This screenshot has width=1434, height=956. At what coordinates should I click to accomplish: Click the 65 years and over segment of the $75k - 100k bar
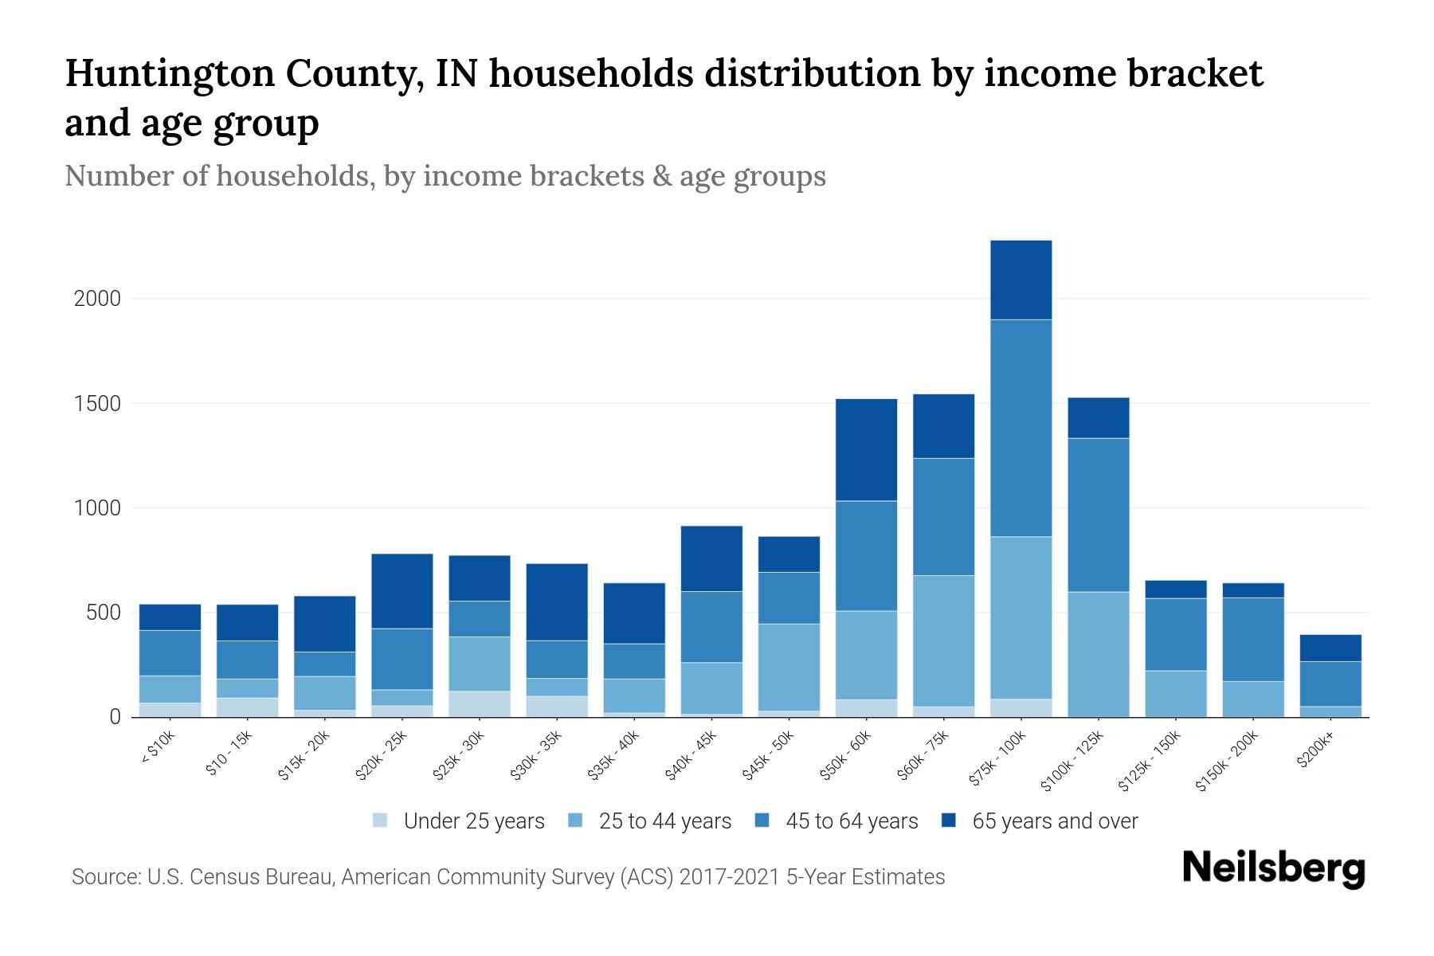click(1021, 280)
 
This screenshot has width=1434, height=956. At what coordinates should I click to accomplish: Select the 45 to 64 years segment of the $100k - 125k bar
click(1098, 515)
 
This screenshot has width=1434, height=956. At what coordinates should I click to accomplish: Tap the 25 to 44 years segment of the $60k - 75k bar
click(943, 641)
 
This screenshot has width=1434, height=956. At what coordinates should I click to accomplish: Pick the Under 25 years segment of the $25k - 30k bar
click(479, 703)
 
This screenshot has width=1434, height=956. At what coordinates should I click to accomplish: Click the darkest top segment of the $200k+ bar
click(1330, 648)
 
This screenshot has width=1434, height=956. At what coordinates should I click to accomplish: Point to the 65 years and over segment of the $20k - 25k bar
click(402, 591)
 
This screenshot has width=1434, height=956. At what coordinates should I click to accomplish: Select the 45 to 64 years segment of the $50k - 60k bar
click(866, 555)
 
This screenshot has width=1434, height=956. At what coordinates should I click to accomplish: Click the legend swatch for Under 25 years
click(381, 821)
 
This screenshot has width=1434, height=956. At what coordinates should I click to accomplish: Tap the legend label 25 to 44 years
click(664, 821)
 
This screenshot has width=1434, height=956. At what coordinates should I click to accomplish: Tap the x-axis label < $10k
click(159, 748)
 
